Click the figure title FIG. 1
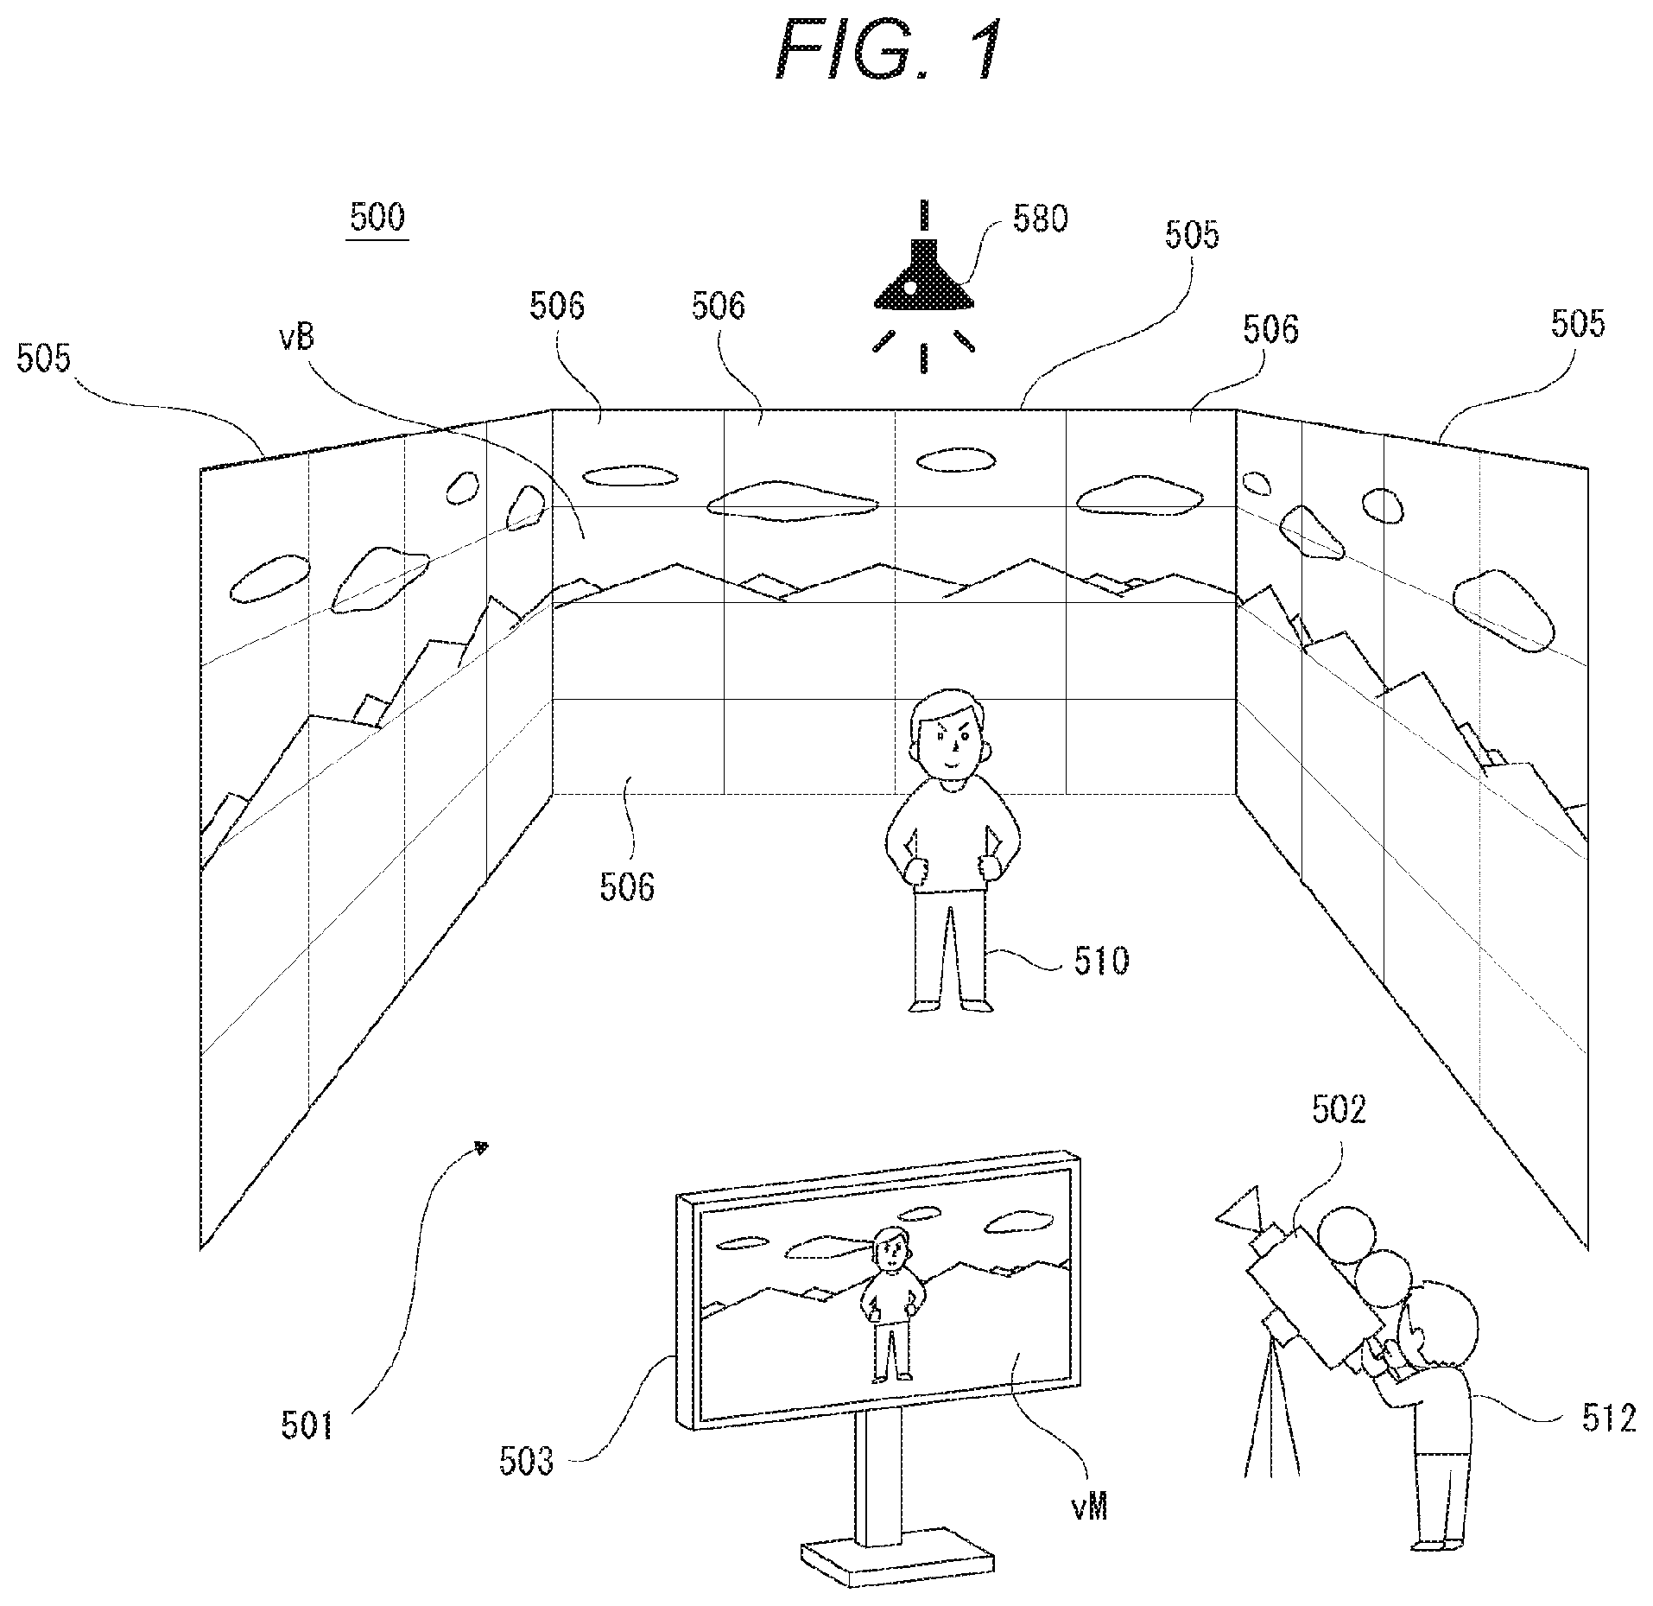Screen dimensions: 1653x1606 889,52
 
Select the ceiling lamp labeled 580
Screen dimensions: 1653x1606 923,284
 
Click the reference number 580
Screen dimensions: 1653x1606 1041,219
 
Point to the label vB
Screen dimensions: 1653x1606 295,338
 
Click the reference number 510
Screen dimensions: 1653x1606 1101,961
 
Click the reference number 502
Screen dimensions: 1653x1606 1339,1110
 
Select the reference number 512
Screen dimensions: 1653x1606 1609,1419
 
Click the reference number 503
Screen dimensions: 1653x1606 526,1462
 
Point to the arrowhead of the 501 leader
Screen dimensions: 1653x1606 482,1147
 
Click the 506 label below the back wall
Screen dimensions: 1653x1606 627,886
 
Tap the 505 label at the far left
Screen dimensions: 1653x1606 44,357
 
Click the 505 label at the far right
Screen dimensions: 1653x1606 1578,323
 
